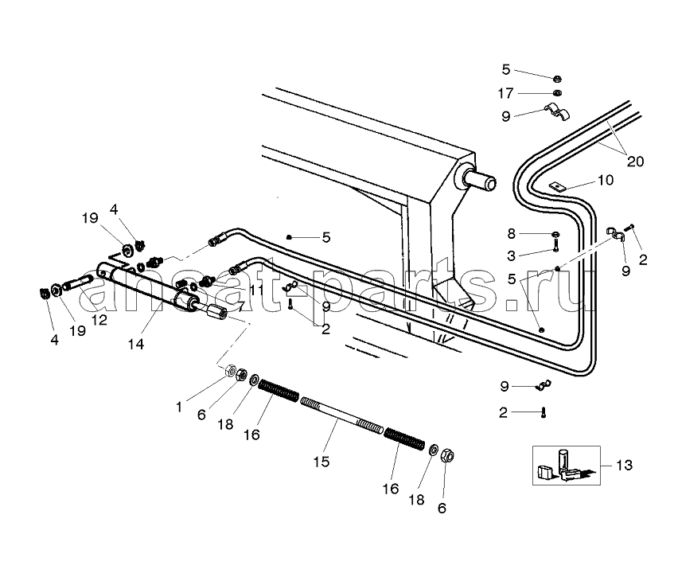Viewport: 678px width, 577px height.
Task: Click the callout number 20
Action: pos(635,162)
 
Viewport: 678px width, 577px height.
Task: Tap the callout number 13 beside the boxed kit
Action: pos(624,465)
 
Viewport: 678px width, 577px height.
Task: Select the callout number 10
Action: pos(606,180)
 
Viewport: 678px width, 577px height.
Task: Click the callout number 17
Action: pos(505,93)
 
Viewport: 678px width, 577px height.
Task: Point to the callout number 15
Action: pos(321,462)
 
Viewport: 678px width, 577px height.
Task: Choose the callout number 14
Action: pos(136,345)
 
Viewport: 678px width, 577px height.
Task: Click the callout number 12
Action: pos(99,320)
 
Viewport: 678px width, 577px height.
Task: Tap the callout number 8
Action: pos(512,234)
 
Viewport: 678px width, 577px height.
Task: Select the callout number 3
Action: pos(512,255)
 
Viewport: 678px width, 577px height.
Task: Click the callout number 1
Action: pos(179,407)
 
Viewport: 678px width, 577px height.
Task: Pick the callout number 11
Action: pos(256,290)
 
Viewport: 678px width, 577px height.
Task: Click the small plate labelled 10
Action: pos(557,186)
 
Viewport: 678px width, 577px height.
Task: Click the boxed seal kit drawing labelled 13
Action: pos(566,466)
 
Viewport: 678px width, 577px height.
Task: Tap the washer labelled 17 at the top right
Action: pos(557,92)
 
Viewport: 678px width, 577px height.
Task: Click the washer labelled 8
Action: pos(555,234)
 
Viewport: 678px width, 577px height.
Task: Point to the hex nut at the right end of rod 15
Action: pos(447,455)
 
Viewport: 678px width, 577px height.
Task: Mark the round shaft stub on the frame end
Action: pos(479,179)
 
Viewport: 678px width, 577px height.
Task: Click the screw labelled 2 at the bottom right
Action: pos(544,412)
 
